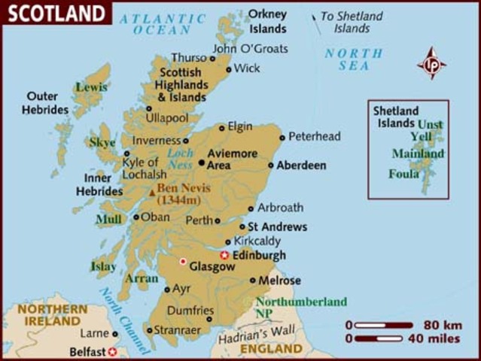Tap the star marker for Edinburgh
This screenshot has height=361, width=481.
pos(224,255)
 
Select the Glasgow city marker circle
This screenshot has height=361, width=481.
pos(182,262)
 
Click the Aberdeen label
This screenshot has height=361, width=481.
pos(301,165)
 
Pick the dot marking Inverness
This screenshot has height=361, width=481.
pos(185,140)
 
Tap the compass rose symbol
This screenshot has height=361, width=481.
pos(431,63)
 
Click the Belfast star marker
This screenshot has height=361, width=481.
pos(112,351)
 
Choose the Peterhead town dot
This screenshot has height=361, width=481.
pos(282,137)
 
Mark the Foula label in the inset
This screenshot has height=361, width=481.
pos(403,174)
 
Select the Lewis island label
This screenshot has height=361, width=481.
pos(90,86)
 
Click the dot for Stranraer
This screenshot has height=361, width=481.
pos(149,329)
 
